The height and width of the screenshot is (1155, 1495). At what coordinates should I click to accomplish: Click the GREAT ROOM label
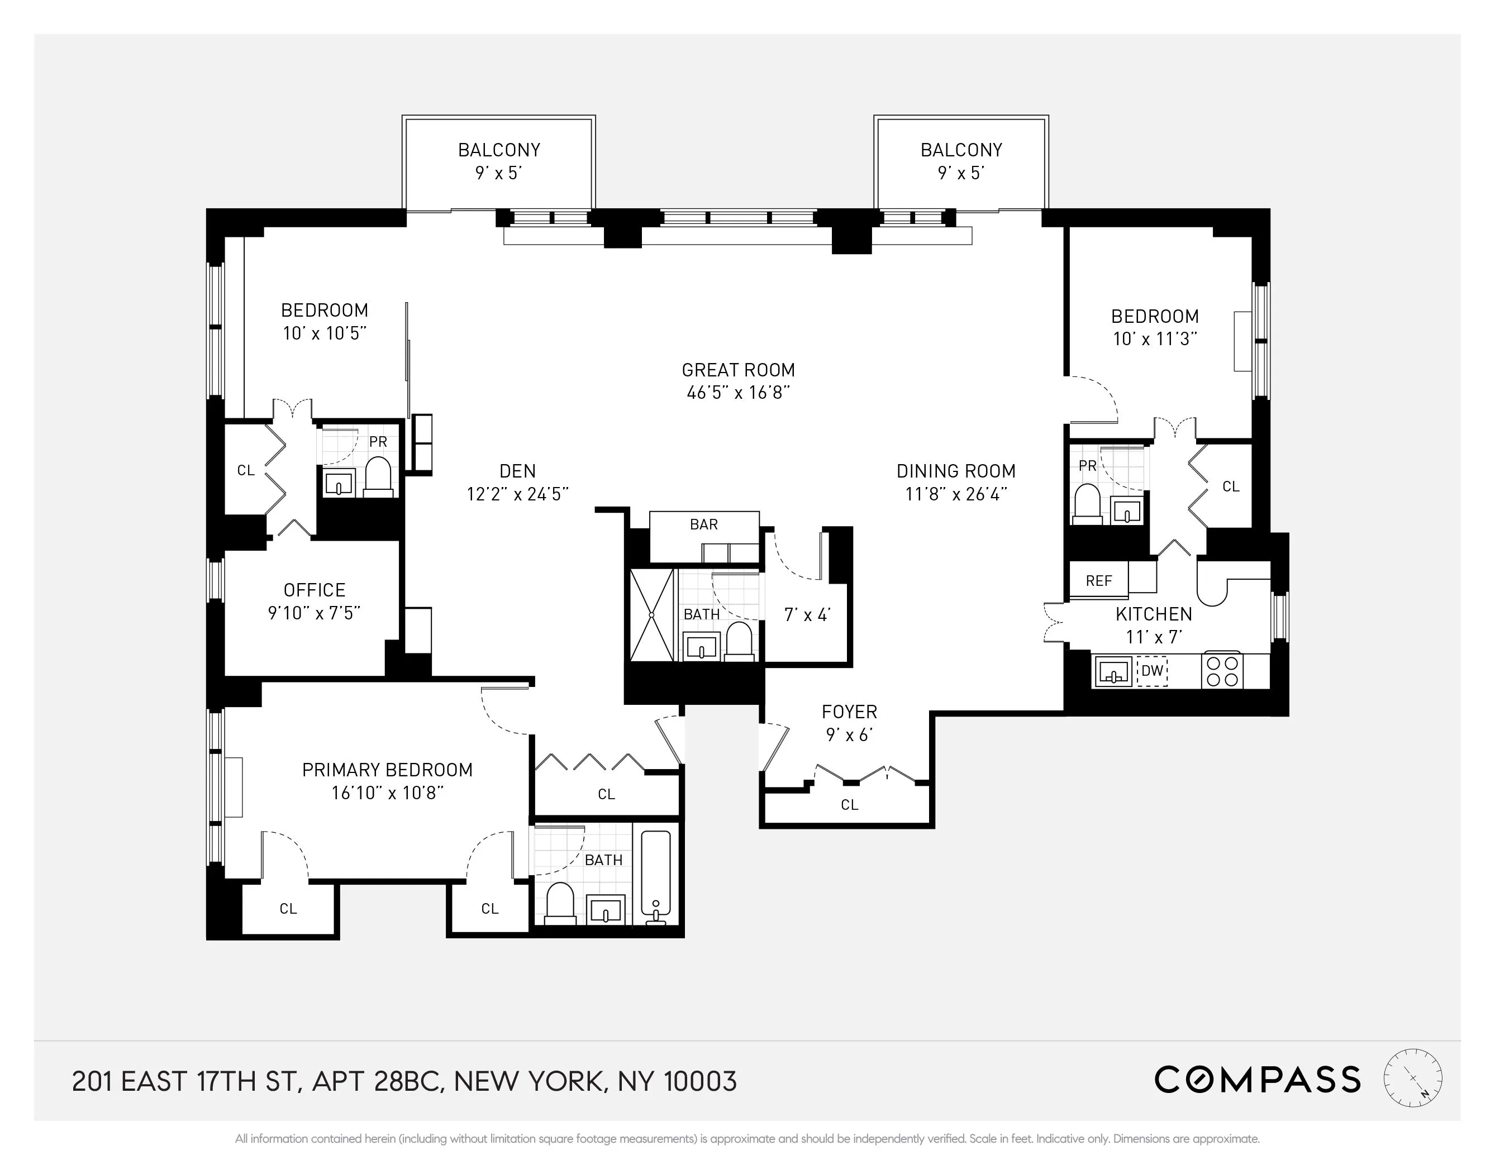pyautogui.click(x=738, y=370)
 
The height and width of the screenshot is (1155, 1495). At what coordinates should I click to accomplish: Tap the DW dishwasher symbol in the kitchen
pyautogui.click(x=1152, y=671)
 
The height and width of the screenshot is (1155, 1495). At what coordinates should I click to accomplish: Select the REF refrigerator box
pyautogui.click(x=1099, y=580)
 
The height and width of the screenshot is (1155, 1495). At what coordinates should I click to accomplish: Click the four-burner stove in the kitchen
pyautogui.click(x=1222, y=671)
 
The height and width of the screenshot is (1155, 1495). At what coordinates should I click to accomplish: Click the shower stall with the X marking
pyautogui.click(x=651, y=614)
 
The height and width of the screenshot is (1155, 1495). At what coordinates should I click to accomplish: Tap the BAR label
pyautogui.click(x=704, y=524)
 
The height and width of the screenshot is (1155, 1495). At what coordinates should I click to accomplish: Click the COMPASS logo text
pyautogui.click(x=1257, y=1080)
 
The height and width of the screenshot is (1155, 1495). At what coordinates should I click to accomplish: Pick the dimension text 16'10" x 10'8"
pyautogui.click(x=388, y=793)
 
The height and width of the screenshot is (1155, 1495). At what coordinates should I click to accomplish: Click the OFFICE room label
pyautogui.click(x=314, y=590)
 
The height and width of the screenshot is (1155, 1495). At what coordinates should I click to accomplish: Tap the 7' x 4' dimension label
pyautogui.click(x=807, y=615)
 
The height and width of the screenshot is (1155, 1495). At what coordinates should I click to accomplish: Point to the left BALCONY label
pyautogui.click(x=499, y=150)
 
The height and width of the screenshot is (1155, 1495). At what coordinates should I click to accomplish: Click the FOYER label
pyautogui.click(x=849, y=712)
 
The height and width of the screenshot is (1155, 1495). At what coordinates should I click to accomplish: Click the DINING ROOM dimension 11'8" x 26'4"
pyautogui.click(x=955, y=494)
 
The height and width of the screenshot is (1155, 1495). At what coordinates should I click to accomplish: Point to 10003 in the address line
pyautogui.click(x=700, y=1082)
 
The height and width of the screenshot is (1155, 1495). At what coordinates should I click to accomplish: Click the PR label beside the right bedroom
pyautogui.click(x=1087, y=466)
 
